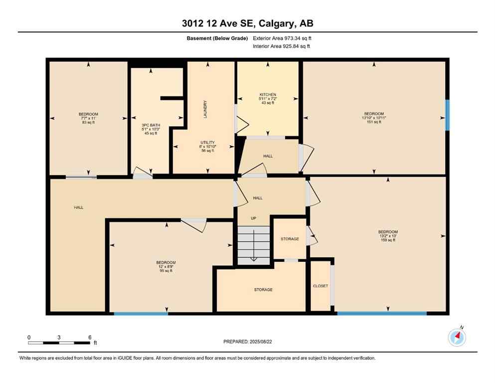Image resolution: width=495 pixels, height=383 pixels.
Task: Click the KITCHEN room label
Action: coord(267,95)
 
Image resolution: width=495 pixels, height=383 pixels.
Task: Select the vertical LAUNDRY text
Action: coord(205,109)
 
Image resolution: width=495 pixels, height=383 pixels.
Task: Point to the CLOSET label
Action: coord(320,286)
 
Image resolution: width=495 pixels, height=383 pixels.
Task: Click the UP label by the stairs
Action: coord(253,218)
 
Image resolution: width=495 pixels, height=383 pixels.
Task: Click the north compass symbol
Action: coord(457,338)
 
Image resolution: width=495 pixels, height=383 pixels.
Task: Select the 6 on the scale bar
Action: coord(90,338)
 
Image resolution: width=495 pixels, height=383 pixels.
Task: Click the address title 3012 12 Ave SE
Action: coord(247,23)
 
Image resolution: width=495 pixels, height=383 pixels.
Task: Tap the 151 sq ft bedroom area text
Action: coord(374,122)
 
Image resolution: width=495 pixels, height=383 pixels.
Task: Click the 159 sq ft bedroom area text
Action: coord(388,240)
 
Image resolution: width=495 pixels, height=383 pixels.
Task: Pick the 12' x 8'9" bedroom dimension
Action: coord(165,267)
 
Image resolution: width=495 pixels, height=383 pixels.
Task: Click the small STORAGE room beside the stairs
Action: coord(289,239)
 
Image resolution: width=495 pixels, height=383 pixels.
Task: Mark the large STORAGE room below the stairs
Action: coord(263,290)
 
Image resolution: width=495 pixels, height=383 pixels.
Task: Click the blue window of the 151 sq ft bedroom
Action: coord(447,115)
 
